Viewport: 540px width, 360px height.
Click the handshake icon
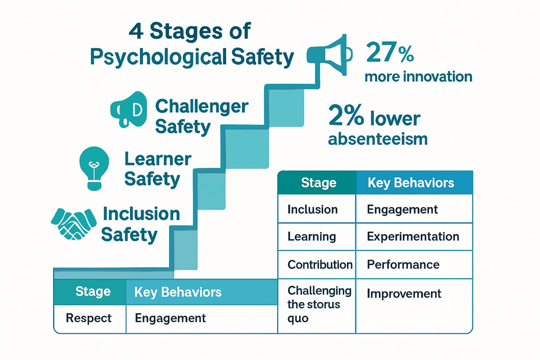coord(73,224)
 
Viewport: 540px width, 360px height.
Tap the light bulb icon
coord(94,168)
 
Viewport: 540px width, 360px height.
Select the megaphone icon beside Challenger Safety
coord(129,109)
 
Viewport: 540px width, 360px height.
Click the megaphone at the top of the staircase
coord(329,55)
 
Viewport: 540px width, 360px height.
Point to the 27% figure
coord(390,52)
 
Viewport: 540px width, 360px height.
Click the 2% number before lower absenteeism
coord(346,115)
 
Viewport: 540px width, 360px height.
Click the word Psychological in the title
coord(158,57)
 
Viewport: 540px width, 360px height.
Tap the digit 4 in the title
coord(136,31)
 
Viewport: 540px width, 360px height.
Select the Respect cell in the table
coord(89,318)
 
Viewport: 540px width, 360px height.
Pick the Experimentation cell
coord(413,237)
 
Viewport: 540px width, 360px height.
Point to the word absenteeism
coord(378,139)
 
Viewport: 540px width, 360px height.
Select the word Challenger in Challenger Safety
coord(202,107)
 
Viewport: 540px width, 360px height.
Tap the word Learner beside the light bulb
coord(158,159)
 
